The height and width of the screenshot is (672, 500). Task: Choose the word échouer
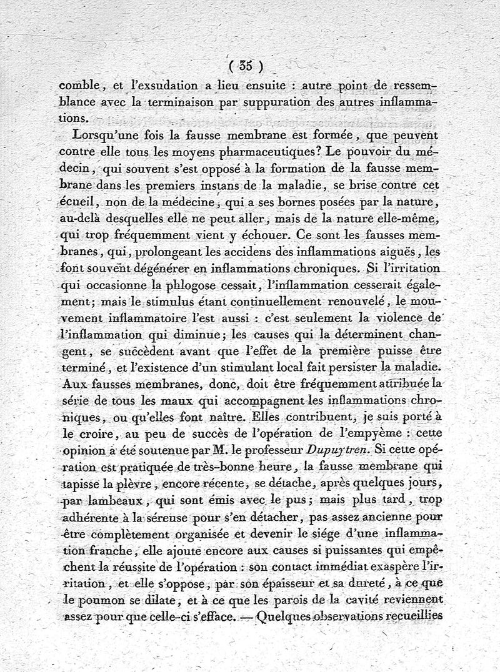pyautogui.click(x=253, y=235)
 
